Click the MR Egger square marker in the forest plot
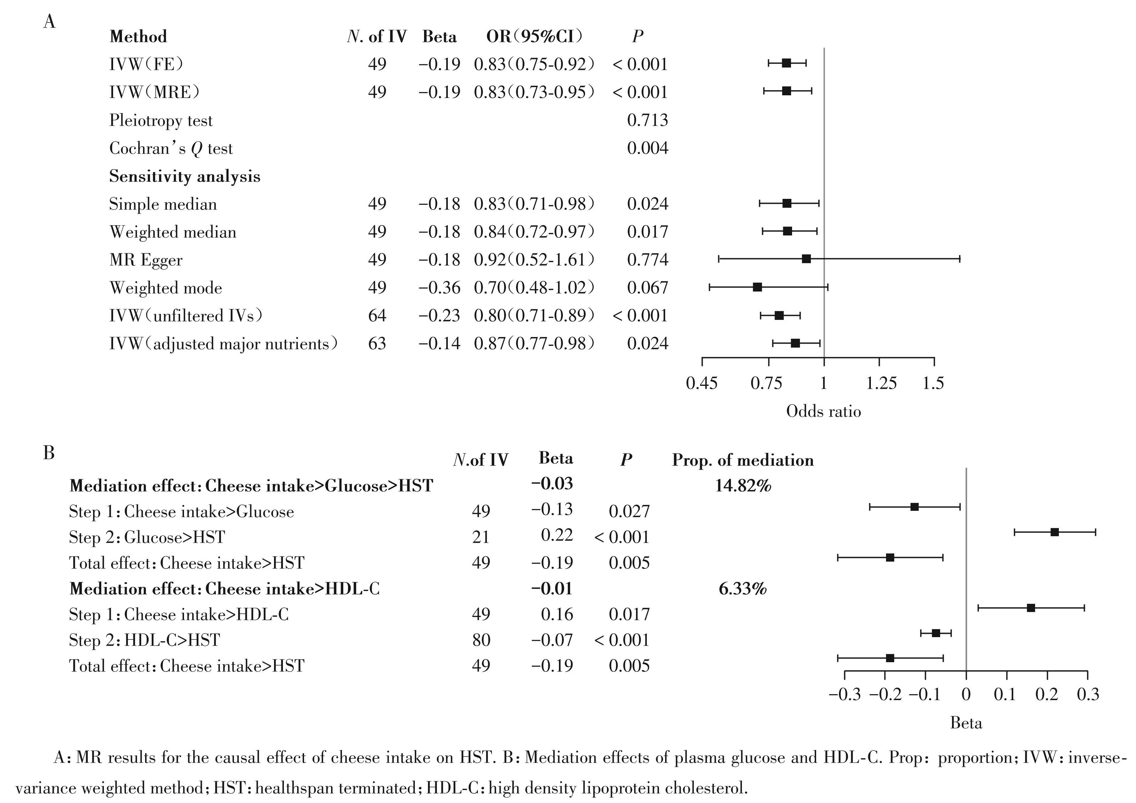click(806, 259)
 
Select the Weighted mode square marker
click(757, 287)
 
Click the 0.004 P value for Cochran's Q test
click(647, 148)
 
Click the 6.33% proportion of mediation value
click(742, 589)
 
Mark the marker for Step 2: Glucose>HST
click(1054, 532)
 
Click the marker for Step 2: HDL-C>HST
click(936, 633)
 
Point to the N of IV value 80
click(481, 640)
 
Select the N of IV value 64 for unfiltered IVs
click(377, 316)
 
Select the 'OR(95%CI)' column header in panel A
click(534, 37)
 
